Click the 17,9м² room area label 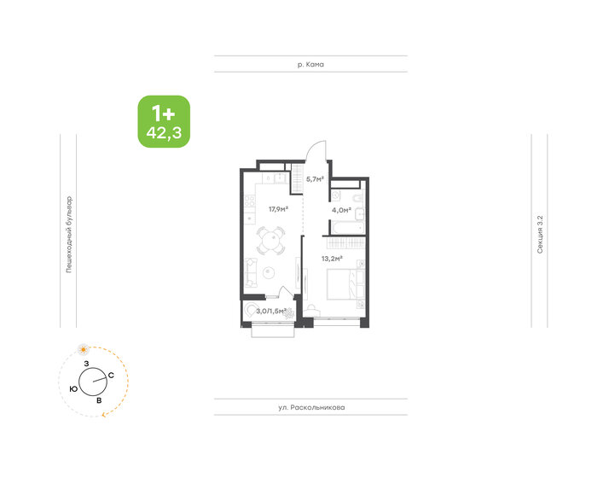coord(278,208)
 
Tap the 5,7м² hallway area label coord(315,179)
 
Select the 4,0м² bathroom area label coord(341,208)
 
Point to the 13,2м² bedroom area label coord(333,257)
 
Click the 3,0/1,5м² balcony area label coord(270,311)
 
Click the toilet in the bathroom coord(362,212)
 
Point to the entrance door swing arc coord(316,151)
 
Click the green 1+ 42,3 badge coord(164,120)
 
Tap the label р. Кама coord(310,65)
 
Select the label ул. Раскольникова coord(310,407)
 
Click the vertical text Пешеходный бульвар coord(69,230)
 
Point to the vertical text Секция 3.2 coord(540,230)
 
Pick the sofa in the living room coord(251,272)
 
